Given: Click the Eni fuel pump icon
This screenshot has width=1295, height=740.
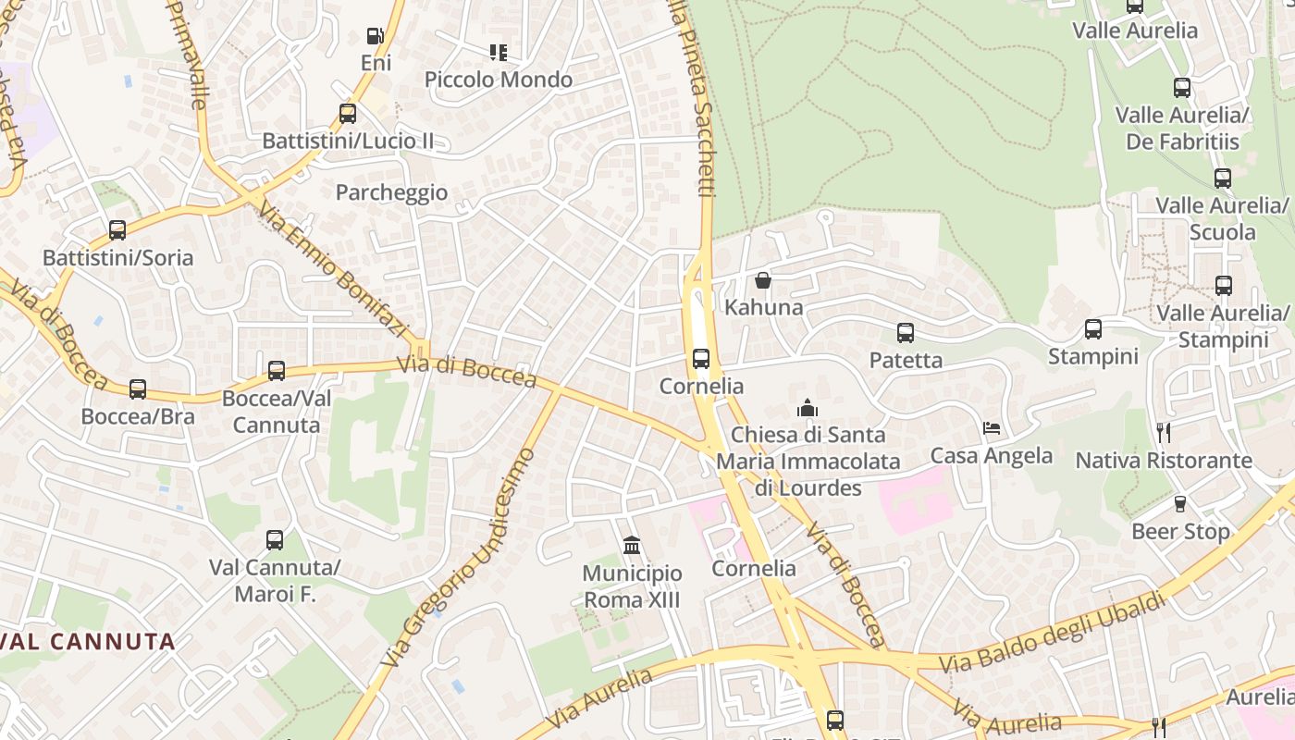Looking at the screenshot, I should click(375, 37).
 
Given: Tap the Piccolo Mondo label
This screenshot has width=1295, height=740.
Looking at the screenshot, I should click(499, 80).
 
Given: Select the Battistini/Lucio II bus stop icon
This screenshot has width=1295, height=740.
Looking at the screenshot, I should click(348, 114).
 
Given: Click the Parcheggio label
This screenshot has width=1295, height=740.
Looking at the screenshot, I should click(391, 192).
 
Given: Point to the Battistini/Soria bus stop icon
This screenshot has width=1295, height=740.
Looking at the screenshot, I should click(117, 230).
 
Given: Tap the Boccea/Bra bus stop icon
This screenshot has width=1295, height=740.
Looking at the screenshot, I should click(138, 389).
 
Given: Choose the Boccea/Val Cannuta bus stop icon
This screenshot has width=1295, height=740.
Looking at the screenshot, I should click(277, 371).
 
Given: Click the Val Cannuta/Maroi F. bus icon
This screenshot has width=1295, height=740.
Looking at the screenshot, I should click(275, 540).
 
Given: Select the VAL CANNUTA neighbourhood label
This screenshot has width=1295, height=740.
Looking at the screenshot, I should click(89, 641).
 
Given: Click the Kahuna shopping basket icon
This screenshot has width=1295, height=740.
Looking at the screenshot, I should click(763, 280).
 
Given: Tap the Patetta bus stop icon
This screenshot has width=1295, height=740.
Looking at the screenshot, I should click(906, 333).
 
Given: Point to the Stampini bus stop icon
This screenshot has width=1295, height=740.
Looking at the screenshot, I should click(1093, 329).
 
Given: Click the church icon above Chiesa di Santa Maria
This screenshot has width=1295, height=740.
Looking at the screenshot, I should click(808, 408).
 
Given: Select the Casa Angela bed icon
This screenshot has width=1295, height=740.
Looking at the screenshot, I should click(992, 429).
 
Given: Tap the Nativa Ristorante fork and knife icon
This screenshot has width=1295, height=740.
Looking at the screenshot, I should click(1164, 432).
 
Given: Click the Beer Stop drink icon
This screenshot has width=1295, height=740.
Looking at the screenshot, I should click(1180, 504).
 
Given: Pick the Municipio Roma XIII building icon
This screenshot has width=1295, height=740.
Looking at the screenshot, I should click(632, 545).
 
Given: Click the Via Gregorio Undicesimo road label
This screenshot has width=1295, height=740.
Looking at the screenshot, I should click(460, 558).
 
